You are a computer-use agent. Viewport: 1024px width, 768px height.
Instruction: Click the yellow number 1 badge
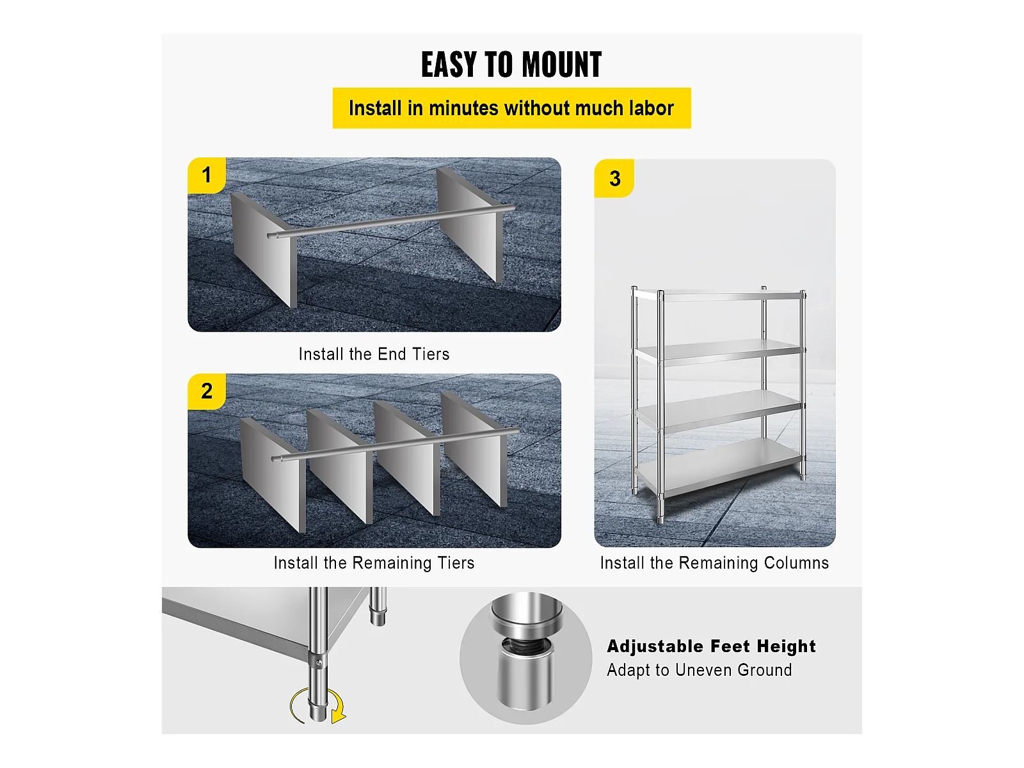point(207,175)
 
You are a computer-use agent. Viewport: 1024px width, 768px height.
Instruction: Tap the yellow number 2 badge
point(207,391)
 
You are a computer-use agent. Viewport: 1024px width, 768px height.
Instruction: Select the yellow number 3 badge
point(614,178)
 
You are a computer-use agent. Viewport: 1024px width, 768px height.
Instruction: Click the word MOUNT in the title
point(562,65)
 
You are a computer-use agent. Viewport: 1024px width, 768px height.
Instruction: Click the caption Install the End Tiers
point(374,355)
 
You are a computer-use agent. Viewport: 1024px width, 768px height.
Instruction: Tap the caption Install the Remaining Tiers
point(374,563)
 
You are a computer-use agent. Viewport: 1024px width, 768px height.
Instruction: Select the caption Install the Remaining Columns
point(714,563)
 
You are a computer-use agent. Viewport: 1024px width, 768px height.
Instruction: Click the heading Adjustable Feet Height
point(712,646)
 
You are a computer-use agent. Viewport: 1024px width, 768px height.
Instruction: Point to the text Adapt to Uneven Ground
point(700,670)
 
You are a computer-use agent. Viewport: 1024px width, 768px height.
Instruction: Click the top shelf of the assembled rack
point(719,294)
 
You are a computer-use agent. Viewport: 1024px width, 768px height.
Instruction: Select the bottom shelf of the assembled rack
point(719,468)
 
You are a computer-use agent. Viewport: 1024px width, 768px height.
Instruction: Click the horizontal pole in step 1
point(391,222)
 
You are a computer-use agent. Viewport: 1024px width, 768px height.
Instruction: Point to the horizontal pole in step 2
point(396,444)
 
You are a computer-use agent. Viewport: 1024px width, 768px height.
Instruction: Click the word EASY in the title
point(449,65)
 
